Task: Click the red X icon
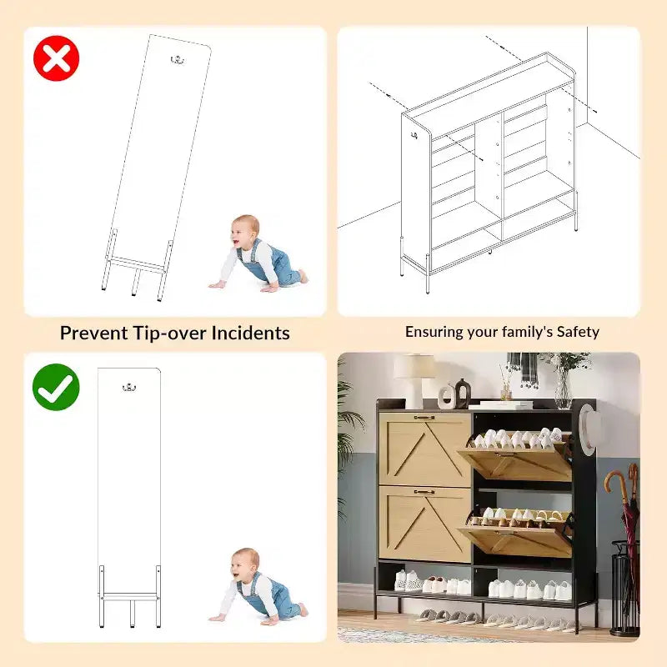click(x=56, y=58)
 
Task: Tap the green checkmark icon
click(x=56, y=387)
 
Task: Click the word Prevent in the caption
click(x=93, y=333)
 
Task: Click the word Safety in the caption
click(x=578, y=332)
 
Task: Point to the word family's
click(x=526, y=332)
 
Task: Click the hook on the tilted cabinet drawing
click(x=177, y=60)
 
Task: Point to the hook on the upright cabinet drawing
click(x=129, y=387)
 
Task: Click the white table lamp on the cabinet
click(x=414, y=379)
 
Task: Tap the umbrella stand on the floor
click(x=624, y=588)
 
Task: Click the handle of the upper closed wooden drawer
click(x=424, y=418)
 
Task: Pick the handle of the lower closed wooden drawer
click(x=424, y=492)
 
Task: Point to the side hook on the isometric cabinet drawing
click(x=414, y=136)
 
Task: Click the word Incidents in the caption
click(x=251, y=333)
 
